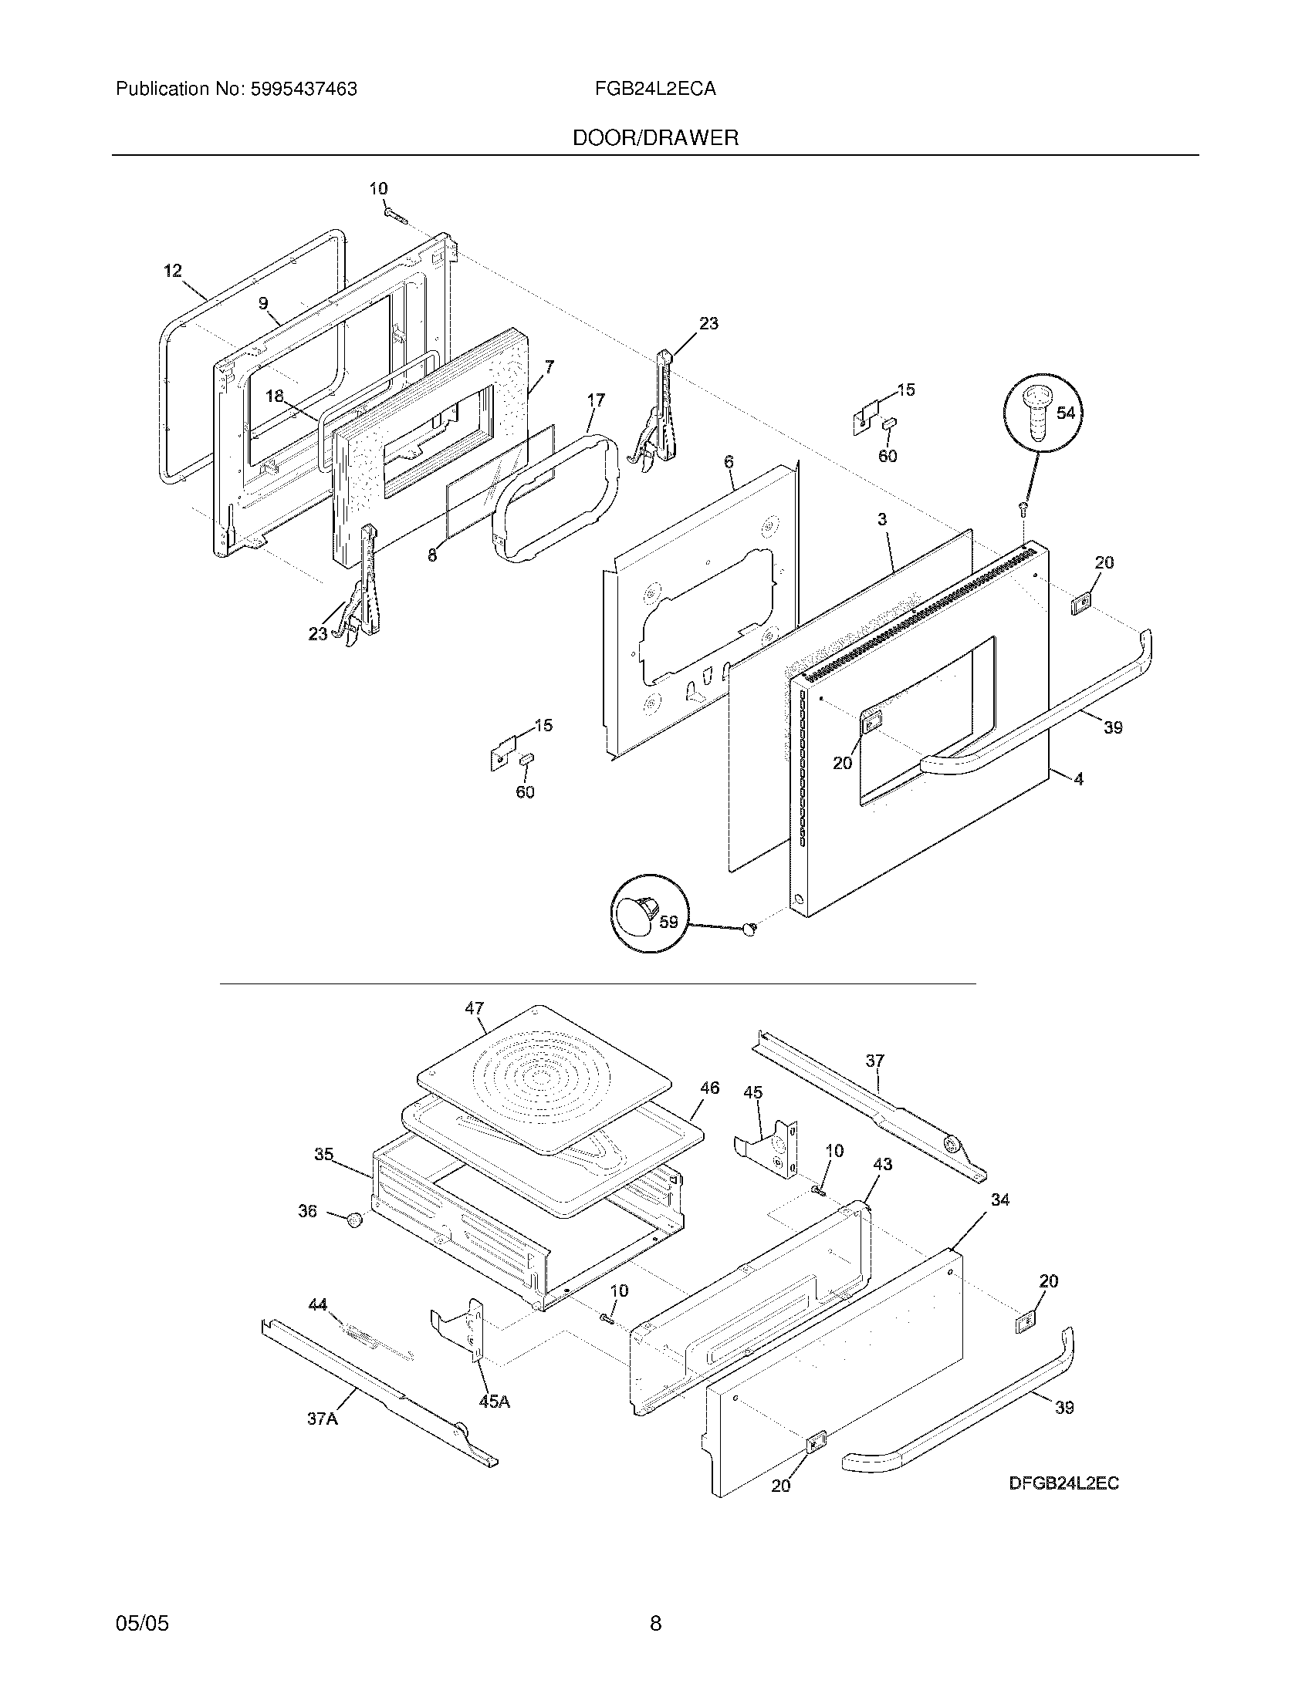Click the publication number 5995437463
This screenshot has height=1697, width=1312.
303,89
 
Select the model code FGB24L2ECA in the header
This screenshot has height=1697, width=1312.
655,89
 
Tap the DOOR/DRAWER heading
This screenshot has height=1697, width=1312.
655,138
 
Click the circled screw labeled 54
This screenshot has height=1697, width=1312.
1036,419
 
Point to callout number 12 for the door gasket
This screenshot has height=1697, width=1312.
173,271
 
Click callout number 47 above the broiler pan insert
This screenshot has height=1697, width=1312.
474,1008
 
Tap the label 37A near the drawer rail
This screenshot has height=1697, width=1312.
322,1419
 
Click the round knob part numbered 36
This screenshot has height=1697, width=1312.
355,1220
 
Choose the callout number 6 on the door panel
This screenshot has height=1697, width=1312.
729,461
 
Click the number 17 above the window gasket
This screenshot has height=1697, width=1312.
595,400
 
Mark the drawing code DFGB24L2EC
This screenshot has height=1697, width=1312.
1064,1483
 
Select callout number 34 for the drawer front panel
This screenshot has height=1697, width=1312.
1000,1199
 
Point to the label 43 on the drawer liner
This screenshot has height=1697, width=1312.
882,1164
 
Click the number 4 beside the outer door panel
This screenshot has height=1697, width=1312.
1079,778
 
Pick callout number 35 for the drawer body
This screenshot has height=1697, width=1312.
324,1155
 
